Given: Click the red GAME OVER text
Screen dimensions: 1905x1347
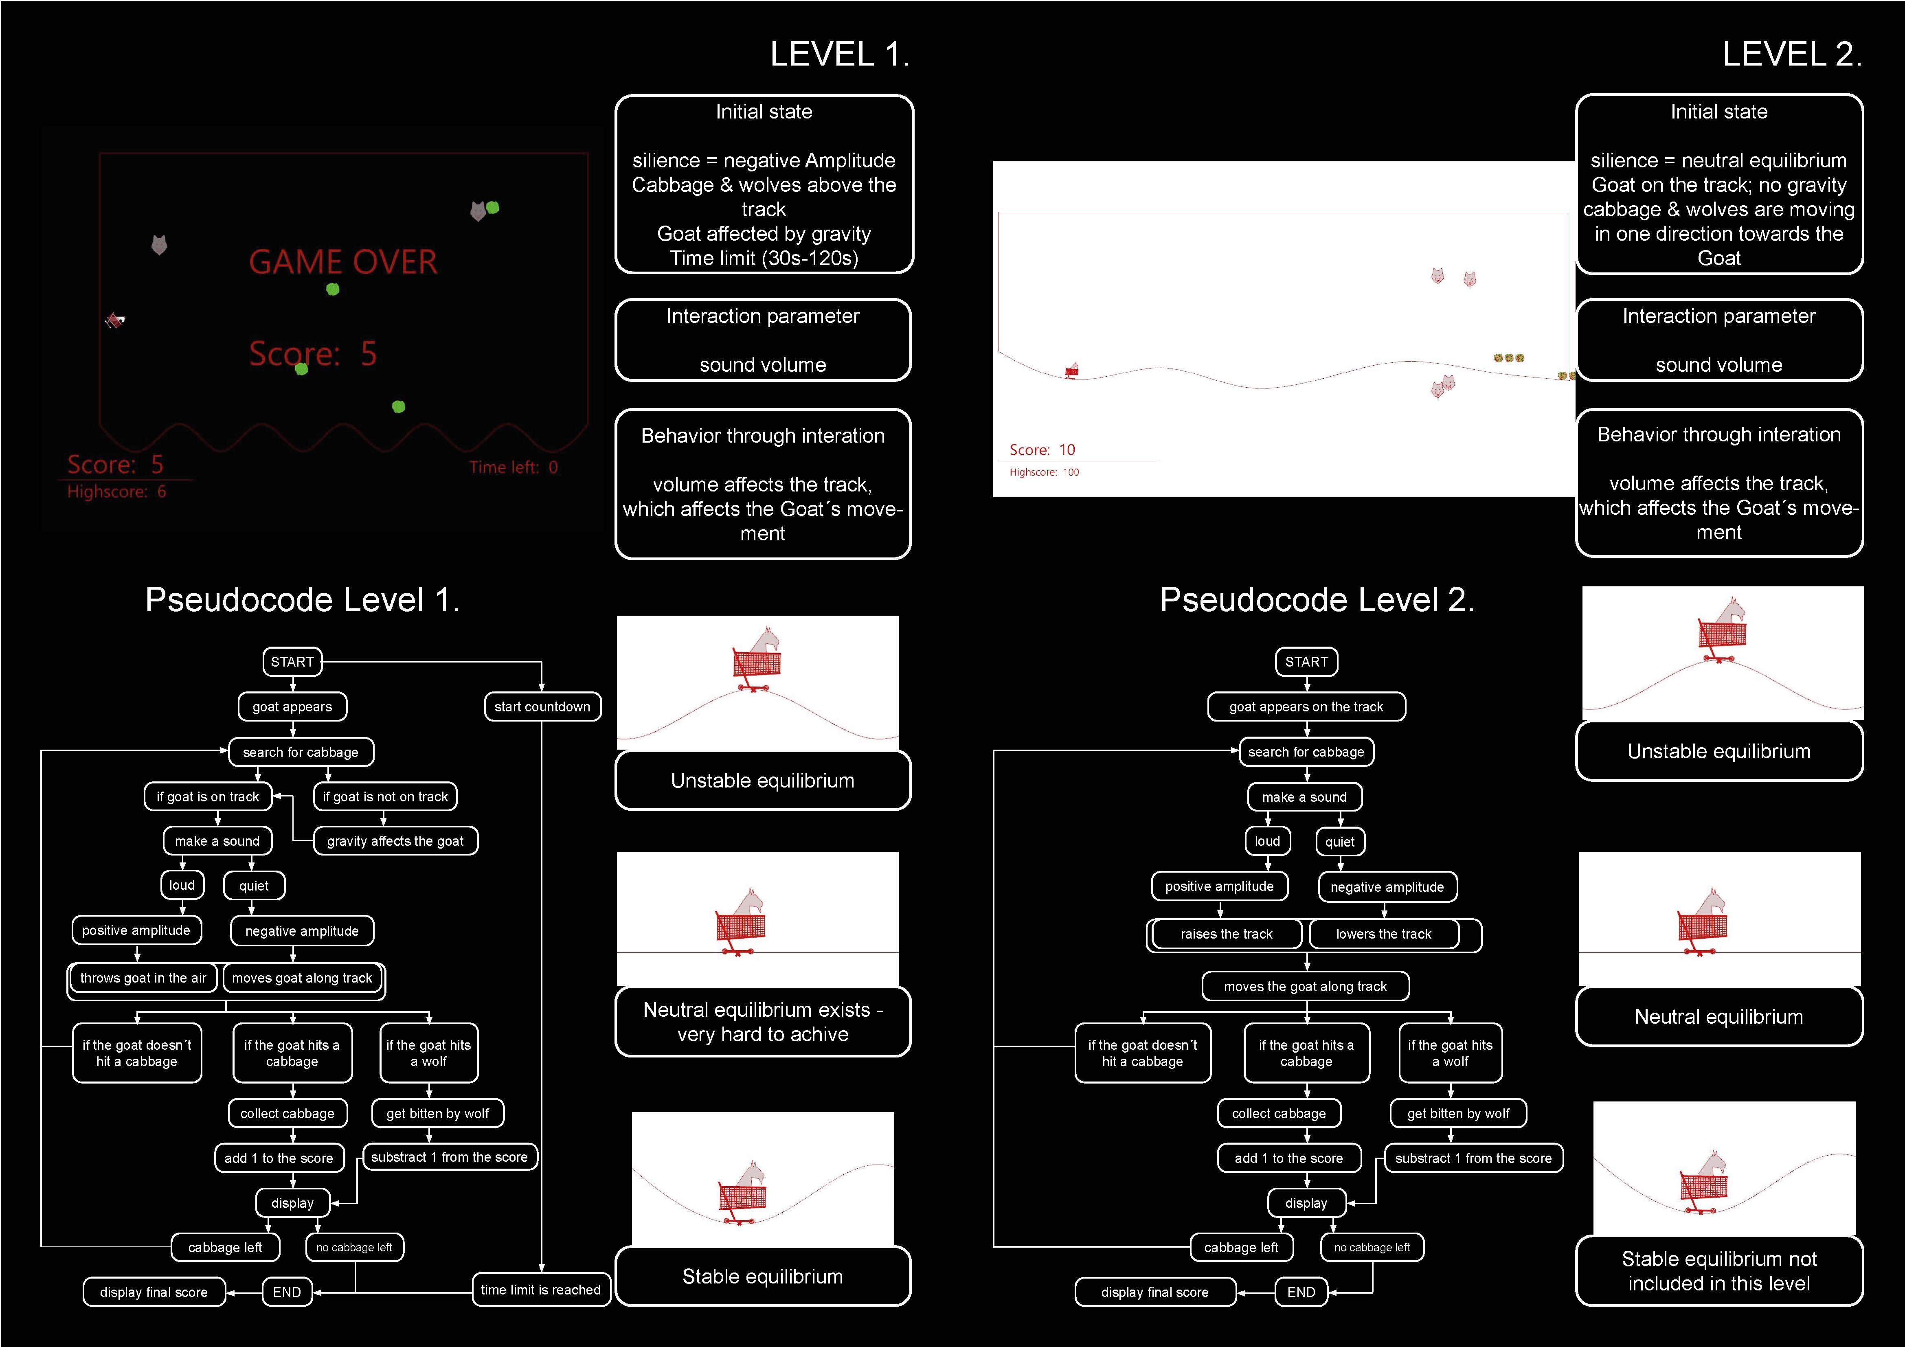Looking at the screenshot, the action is [x=342, y=262].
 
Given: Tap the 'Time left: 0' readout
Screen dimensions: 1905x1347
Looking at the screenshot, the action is [x=514, y=467].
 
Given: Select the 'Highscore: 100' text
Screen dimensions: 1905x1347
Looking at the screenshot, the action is [x=1044, y=472].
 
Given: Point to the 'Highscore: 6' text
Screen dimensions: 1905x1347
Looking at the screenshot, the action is [x=116, y=492].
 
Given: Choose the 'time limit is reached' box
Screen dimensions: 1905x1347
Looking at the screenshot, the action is [x=541, y=1290].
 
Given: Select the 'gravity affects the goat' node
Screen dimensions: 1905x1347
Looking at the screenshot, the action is [x=396, y=841].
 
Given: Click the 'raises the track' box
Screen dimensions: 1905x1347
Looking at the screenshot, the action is [x=1226, y=934].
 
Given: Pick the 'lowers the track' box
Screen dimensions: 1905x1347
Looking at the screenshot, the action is [x=1384, y=934].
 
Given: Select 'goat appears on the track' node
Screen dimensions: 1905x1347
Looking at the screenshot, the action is [x=1307, y=706].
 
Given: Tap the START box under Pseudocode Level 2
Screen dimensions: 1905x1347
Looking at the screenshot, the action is [x=1307, y=662].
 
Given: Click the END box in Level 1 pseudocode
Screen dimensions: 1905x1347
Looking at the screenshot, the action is [x=287, y=1292].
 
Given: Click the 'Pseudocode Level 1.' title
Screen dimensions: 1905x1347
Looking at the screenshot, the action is [x=302, y=600].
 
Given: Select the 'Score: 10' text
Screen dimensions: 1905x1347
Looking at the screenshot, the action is [x=1042, y=450].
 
